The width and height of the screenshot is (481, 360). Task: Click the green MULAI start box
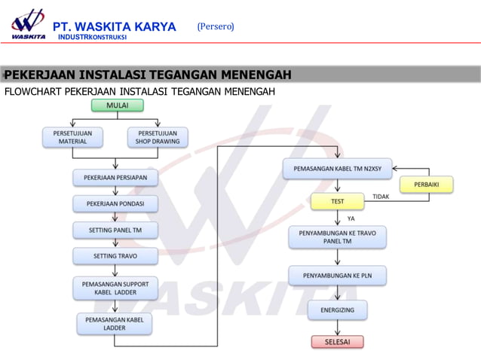click(117, 105)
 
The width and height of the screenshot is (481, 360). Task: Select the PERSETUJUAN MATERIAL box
click(72, 137)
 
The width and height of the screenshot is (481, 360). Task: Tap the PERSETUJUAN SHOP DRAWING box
click(158, 137)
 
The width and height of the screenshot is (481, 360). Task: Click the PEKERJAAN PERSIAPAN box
click(115, 178)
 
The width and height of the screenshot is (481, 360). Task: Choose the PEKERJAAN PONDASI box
click(115, 204)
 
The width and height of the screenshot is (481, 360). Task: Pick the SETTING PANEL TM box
click(115, 230)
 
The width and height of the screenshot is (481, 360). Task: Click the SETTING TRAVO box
click(115, 256)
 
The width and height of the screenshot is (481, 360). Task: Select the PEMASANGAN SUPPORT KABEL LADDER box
click(115, 288)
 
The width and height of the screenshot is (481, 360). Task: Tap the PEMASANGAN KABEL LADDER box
click(115, 324)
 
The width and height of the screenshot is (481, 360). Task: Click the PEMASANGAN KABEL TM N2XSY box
click(337, 169)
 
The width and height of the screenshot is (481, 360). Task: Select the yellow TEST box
click(337, 202)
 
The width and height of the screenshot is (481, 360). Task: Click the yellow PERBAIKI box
click(426, 185)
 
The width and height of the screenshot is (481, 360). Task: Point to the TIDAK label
click(381, 196)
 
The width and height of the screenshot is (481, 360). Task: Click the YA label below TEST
click(351, 218)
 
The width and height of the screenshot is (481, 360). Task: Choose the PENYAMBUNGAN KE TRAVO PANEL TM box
click(337, 237)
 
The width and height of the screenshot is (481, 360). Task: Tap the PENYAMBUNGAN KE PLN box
click(337, 276)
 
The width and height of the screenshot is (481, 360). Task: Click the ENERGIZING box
click(337, 310)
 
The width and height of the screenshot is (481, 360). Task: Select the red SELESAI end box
click(337, 342)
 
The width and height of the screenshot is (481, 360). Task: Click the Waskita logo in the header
click(27, 23)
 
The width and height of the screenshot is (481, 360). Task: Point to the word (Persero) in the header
click(216, 27)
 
